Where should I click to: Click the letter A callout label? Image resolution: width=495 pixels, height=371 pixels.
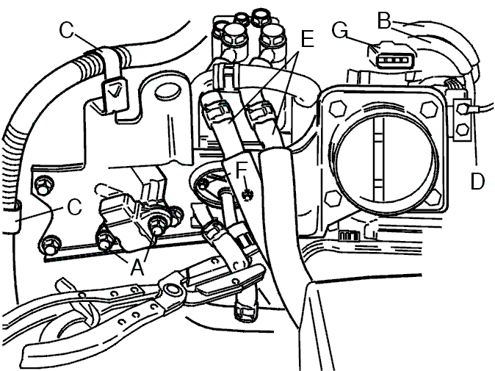[137, 267]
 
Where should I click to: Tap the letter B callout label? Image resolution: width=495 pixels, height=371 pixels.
[384, 21]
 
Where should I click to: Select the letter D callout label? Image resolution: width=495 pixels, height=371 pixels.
[477, 181]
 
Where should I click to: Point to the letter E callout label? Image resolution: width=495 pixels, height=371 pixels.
[308, 39]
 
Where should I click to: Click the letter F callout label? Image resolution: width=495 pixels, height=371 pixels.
[241, 170]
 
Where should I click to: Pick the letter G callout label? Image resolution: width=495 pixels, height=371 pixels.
[340, 31]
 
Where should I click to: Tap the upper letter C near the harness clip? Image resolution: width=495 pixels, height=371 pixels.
[67, 31]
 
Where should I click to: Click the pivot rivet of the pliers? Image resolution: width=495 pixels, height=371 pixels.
[171, 289]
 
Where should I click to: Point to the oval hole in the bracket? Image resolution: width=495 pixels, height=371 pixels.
[167, 92]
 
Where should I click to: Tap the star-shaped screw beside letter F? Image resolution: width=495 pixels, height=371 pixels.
[248, 195]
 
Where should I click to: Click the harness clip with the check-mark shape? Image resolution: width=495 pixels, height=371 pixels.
[114, 92]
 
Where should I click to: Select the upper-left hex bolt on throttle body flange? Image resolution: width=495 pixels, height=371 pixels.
[339, 108]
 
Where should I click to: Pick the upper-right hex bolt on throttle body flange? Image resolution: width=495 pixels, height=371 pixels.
[430, 109]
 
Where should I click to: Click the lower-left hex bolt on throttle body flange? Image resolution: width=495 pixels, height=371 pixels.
[333, 199]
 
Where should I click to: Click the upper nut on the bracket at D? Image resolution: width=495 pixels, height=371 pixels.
[463, 109]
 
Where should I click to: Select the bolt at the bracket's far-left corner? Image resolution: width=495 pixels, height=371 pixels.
[42, 187]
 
